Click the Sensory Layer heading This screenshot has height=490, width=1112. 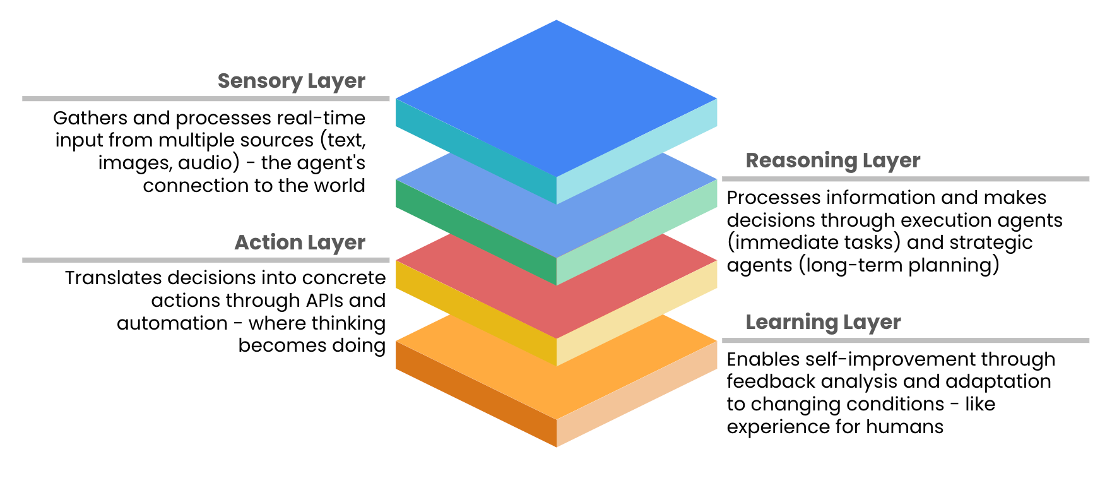click(x=291, y=81)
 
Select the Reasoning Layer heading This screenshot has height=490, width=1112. click(x=832, y=161)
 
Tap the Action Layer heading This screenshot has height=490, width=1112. click(x=300, y=242)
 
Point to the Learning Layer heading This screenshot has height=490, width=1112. click(x=823, y=323)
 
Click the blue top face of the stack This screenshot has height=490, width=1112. click(x=556, y=98)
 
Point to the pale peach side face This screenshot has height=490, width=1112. click(x=637, y=394)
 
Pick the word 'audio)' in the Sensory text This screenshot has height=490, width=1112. click(x=209, y=163)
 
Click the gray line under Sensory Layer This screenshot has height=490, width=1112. click(x=206, y=99)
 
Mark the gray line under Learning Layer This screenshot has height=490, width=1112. click(x=905, y=340)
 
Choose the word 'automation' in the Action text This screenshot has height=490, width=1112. click(x=172, y=323)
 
